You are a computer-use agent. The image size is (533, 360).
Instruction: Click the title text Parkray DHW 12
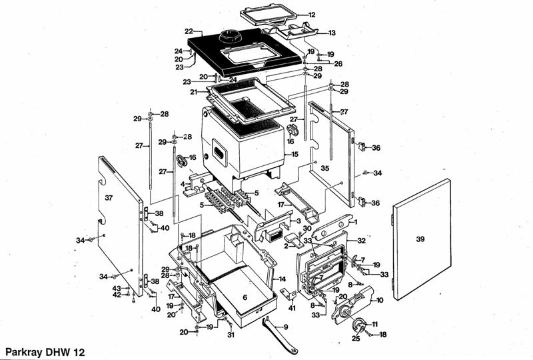click(x=45, y=351)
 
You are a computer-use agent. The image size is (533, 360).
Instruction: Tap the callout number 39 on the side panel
click(x=420, y=239)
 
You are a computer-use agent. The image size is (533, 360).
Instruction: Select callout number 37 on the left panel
click(x=109, y=197)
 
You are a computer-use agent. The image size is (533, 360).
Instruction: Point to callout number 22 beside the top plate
click(x=189, y=31)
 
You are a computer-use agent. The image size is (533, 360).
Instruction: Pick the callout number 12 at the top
click(x=312, y=15)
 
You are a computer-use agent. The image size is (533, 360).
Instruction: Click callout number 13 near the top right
click(x=332, y=33)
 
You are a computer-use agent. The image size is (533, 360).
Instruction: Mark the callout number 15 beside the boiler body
click(x=294, y=154)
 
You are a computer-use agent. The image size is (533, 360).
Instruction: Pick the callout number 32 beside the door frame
click(x=362, y=240)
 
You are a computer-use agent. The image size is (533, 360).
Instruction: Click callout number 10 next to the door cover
click(x=380, y=301)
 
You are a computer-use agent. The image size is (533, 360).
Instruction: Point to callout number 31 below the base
click(x=230, y=335)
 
